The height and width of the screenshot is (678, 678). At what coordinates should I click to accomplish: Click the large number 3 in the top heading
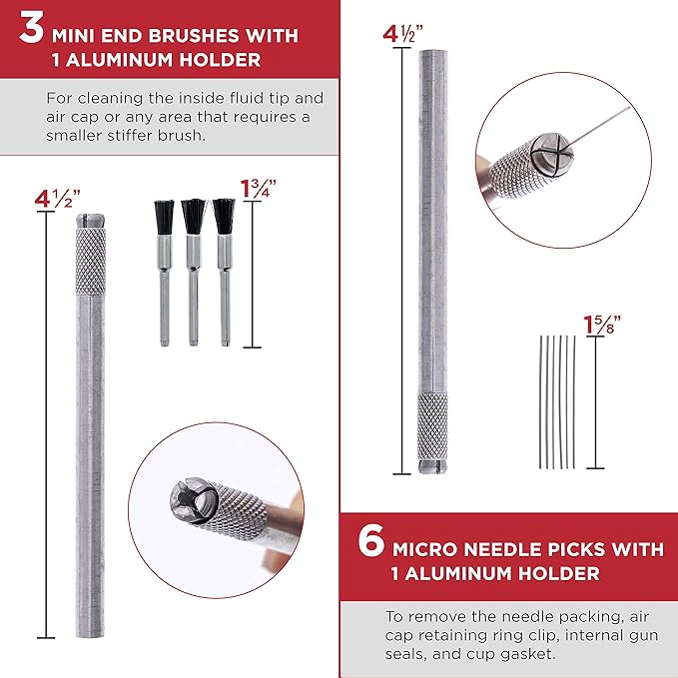[32, 29]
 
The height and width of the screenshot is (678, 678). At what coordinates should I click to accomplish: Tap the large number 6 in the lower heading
[371, 540]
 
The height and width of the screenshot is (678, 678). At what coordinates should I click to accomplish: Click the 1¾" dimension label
[259, 189]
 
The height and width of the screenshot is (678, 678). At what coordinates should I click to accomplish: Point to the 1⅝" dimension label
[602, 326]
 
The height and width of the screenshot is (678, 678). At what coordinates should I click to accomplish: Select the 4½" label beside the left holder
[58, 200]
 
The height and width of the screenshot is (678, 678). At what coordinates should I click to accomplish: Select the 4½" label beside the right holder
[402, 34]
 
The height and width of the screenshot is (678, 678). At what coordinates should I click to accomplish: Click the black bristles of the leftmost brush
[164, 217]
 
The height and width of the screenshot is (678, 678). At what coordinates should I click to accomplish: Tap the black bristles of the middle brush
[194, 217]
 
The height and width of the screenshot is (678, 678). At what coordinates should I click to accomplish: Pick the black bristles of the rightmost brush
[224, 217]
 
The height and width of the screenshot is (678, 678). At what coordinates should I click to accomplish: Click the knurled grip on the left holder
[91, 261]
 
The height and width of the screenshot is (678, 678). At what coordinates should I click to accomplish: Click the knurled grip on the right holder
[432, 426]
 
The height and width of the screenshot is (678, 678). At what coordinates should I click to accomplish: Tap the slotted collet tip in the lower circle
[193, 501]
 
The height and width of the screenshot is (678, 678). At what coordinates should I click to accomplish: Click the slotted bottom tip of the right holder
[432, 467]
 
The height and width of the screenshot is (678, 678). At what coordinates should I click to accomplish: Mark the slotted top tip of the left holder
[91, 221]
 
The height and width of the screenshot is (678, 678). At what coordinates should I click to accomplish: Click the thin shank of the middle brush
[194, 307]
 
